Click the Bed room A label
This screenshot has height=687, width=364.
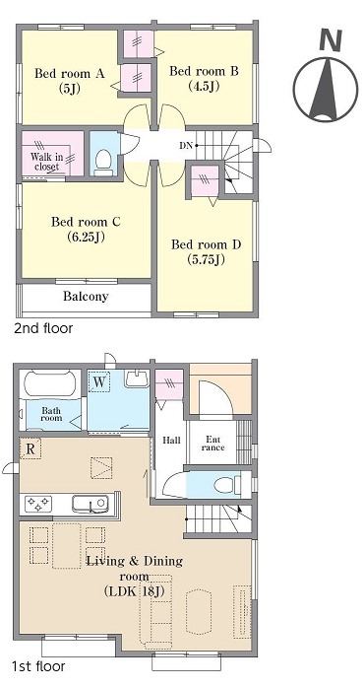(70, 80)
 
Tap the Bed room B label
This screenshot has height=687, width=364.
(204, 78)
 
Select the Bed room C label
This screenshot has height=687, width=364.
(86, 229)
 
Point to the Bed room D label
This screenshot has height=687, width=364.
(206, 251)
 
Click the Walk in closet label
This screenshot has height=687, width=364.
(47, 162)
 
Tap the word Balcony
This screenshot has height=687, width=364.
(86, 296)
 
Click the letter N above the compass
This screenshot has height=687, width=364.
(331, 40)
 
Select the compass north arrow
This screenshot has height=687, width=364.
(326, 90)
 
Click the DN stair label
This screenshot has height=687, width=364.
(186, 146)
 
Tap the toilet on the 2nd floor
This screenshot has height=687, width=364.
(103, 162)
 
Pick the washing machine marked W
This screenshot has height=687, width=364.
(99, 382)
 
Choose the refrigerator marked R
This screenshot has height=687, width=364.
(30, 448)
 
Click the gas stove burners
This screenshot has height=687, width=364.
(39, 504)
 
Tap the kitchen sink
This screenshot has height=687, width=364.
(91, 504)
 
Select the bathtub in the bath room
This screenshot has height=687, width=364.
(50, 383)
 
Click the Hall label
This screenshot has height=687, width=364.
(171, 440)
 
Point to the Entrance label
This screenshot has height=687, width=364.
(213, 444)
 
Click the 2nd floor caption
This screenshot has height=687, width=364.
(43, 327)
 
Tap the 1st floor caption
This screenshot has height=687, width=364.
(39, 666)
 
